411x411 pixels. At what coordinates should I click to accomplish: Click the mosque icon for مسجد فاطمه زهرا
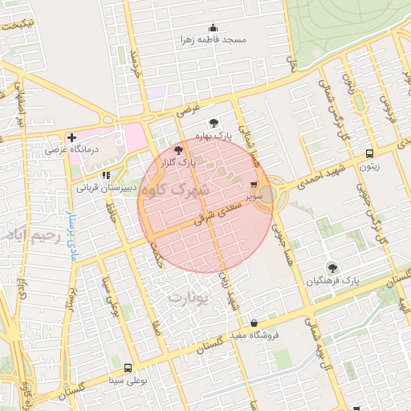coord(213,28)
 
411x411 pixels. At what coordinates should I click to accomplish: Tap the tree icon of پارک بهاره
coord(213,124)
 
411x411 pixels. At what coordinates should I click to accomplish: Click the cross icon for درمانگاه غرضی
coord(72,137)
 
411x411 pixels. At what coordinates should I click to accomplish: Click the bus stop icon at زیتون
coord(368,154)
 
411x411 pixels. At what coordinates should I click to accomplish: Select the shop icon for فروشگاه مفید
coord(254,323)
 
